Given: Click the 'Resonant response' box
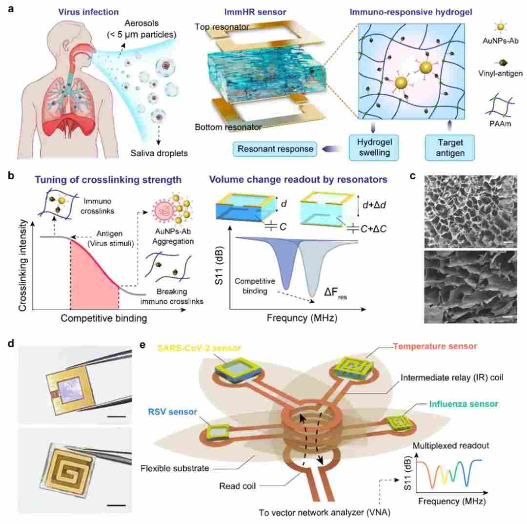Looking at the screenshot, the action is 275,149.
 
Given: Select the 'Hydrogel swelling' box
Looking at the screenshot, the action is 374,147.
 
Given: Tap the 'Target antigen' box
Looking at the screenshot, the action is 450,147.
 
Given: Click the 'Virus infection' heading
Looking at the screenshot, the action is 88,12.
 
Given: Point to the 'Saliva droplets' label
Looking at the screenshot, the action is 159,153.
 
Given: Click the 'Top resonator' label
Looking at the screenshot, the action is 222,27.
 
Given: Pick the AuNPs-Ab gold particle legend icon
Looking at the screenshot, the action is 501,27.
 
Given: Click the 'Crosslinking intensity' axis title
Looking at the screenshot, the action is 23,265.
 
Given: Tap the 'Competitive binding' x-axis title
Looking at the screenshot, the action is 104,318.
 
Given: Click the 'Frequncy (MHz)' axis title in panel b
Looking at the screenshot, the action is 302,318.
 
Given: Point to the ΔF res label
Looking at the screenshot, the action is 335,293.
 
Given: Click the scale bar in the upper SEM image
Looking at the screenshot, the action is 508,242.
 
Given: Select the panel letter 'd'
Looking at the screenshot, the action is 11,344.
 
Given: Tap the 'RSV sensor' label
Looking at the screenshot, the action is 172,412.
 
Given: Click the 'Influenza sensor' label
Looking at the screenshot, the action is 464,404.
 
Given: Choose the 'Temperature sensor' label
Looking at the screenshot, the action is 435,346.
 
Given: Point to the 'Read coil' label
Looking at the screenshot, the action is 237,486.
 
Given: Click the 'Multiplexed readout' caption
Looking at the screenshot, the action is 451,446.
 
